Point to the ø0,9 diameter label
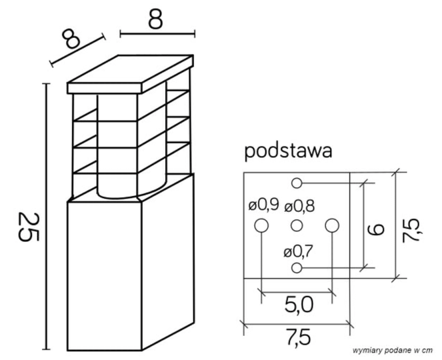pos(263,206)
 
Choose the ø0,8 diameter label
pos(299,206)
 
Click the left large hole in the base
pos(261,227)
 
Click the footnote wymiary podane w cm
pos(393,350)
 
